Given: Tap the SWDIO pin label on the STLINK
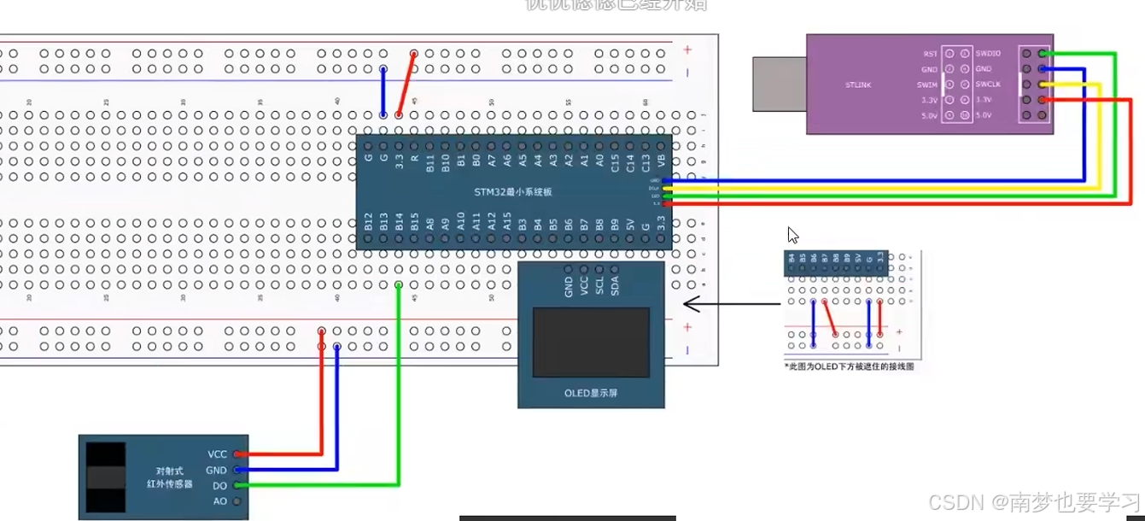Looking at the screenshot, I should (988, 53).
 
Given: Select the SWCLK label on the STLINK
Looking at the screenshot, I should (988, 85).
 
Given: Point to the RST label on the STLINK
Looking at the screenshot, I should (930, 53).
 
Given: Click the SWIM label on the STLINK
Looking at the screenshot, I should (927, 85).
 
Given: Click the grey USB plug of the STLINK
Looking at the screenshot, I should (779, 84).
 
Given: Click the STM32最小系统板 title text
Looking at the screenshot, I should (513, 192).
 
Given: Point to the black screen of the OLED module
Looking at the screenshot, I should (591, 342).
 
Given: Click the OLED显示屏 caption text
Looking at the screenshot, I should (590, 393).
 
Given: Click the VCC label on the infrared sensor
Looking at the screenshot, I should (217, 454).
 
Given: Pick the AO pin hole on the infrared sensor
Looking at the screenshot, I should (237, 501).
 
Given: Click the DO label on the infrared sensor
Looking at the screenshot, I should (219, 486).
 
